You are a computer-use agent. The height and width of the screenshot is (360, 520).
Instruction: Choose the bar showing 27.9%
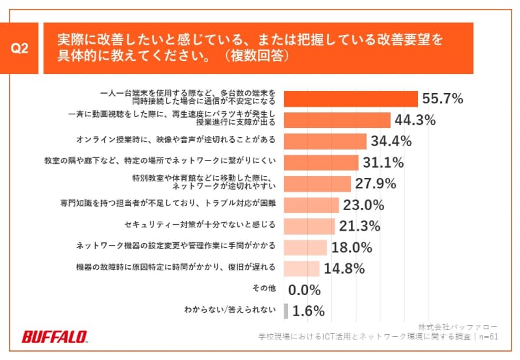coord(318,183)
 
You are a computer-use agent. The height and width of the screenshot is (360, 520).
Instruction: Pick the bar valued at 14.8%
coord(302,268)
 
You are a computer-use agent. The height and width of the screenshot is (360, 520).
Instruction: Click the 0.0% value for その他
coord(306,290)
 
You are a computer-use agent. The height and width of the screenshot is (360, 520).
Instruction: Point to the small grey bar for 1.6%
coord(286,311)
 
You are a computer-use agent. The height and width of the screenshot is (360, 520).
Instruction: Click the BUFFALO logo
coord(55,337)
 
